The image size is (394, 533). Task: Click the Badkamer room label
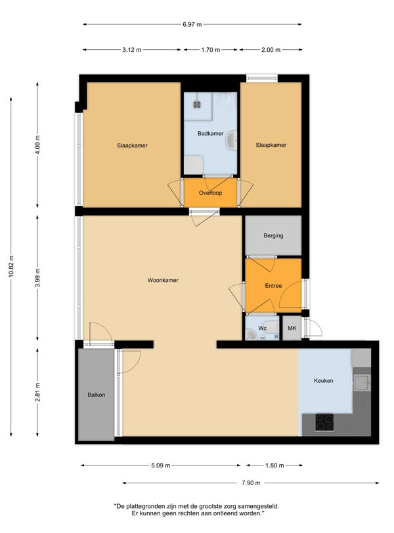(210, 133)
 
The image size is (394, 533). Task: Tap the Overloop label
(210, 193)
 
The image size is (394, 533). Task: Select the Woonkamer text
(163, 280)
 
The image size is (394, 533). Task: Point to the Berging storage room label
(273, 235)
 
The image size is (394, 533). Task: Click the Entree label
(273, 286)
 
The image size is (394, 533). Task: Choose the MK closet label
(292, 328)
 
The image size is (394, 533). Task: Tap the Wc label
(262, 328)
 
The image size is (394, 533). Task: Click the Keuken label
(324, 381)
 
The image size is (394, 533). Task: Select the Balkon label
(97, 395)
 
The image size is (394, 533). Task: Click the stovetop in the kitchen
(324, 422)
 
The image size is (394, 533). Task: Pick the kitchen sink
(362, 382)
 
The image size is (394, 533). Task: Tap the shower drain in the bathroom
(197, 105)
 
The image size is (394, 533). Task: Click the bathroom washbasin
(232, 140)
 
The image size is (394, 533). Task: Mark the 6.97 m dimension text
(192, 24)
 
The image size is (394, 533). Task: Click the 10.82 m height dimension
(11, 266)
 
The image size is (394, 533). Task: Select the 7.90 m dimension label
(251, 483)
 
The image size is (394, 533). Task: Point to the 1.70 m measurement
(210, 50)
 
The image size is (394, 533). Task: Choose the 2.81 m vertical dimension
(37, 392)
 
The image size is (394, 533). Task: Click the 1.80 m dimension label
(274, 465)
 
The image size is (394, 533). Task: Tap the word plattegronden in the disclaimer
(146, 507)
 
